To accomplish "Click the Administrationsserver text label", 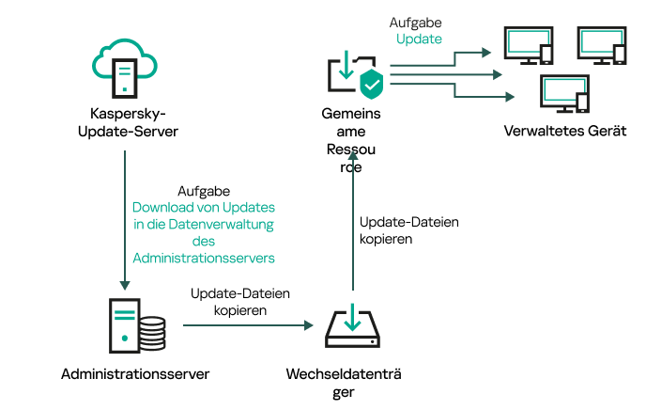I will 134,373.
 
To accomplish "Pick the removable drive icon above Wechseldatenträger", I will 352,325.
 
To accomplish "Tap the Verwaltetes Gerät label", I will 564,131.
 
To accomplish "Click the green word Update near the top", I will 418,39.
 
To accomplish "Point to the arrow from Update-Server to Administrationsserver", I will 124,216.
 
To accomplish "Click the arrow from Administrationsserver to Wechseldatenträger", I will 246,325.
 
